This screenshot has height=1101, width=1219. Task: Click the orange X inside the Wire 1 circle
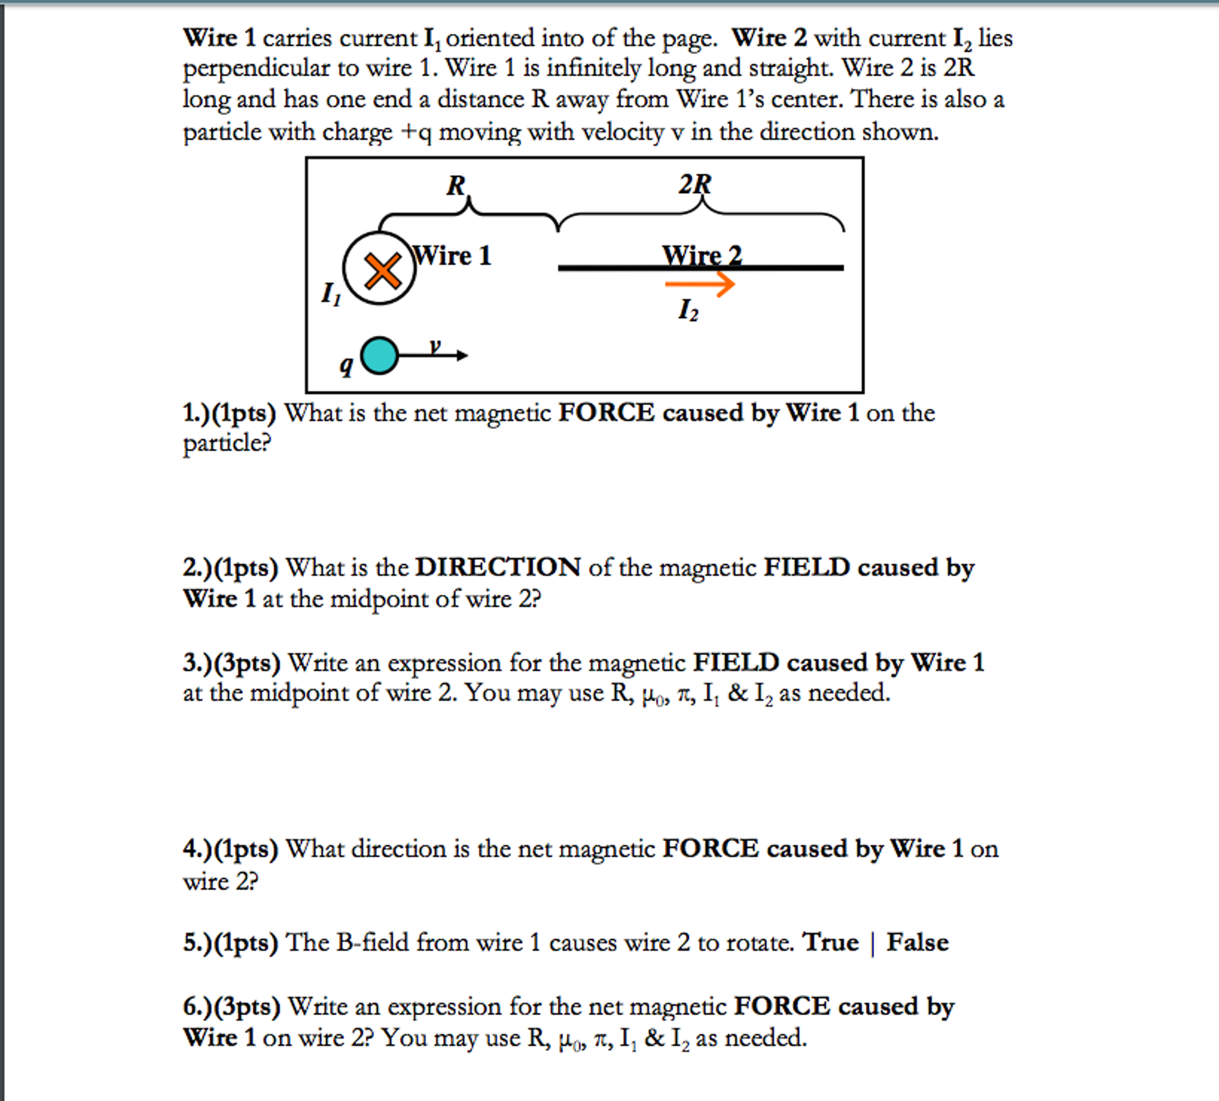(x=382, y=270)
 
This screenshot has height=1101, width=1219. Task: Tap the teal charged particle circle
(x=379, y=355)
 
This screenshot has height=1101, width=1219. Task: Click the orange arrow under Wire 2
(x=699, y=283)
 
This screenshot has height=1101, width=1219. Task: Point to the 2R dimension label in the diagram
(x=694, y=184)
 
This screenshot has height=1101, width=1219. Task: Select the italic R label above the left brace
(x=456, y=185)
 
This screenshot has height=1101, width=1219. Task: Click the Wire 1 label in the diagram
(x=452, y=255)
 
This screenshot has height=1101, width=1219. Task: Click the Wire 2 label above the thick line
(x=701, y=255)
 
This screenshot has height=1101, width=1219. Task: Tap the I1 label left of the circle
(x=330, y=294)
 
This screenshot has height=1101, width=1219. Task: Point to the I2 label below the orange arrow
(x=688, y=310)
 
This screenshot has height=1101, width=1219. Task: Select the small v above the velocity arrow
(x=435, y=346)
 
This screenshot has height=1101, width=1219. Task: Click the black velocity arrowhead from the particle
(x=462, y=355)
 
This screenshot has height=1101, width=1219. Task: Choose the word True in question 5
(x=830, y=942)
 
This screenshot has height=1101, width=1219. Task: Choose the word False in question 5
(x=917, y=942)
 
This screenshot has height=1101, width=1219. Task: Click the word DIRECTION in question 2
(x=497, y=567)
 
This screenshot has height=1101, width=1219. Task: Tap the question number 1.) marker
(x=196, y=413)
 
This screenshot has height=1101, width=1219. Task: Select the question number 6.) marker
(x=197, y=1006)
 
